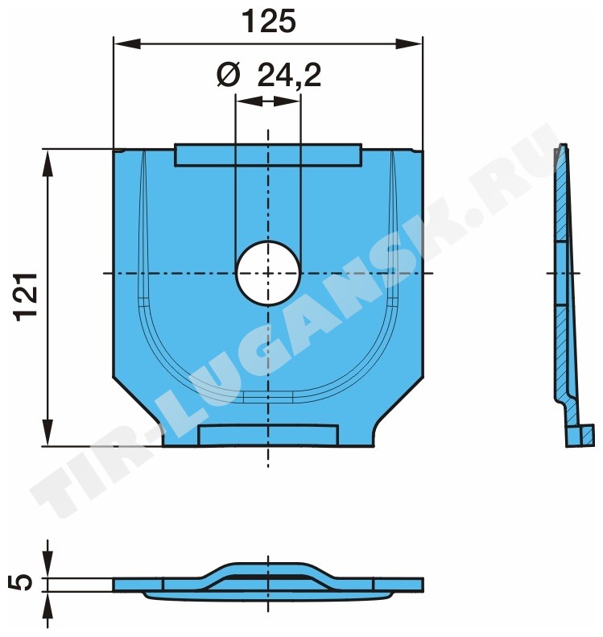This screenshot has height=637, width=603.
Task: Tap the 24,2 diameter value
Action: tap(289, 75)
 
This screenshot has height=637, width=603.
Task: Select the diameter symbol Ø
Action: tap(228, 75)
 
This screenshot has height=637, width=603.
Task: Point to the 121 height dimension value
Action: tap(27, 297)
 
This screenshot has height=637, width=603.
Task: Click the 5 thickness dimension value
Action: tap(23, 582)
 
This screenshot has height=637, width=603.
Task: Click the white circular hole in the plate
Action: tap(268, 273)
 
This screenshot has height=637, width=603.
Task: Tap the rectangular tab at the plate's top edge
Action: tap(268, 155)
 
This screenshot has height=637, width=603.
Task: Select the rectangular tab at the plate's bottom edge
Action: tap(268, 435)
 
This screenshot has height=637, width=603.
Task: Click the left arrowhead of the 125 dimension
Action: tap(127, 43)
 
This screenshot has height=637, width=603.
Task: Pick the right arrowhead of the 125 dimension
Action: tap(409, 43)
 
